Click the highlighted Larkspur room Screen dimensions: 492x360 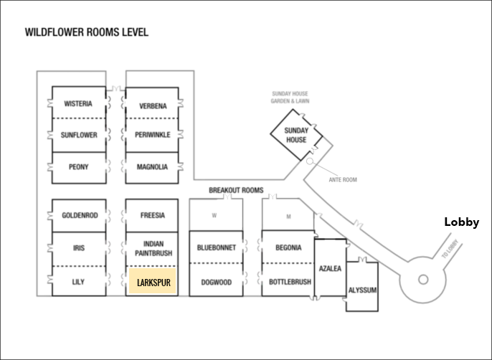(x=152, y=281)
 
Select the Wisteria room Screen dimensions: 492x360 (x=79, y=103)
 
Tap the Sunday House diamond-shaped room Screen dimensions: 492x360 (x=296, y=135)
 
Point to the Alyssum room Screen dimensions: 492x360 (x=362, y=287)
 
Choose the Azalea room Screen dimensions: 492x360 (x=331, y=267)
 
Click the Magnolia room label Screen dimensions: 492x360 (x=152, y=167)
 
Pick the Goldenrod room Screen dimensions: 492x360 (x=79, y=216)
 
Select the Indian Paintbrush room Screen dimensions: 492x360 (x=152, y=250)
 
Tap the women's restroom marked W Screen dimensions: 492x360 (x=216, y=214)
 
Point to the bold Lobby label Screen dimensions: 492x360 (x=462, y=222)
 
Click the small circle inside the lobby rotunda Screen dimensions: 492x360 (x=423, y=280)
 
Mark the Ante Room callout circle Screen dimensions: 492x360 (x=310, y=161)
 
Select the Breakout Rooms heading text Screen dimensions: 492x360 (x=236, y=190)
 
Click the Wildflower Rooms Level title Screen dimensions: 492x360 (x=87, y=32)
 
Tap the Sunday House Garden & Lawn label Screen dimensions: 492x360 (x=290, y=98)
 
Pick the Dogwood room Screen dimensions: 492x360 (x=216, y=280)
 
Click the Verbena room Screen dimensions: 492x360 (x=152, y=103)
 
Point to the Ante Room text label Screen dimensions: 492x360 (x=343, y=180)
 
